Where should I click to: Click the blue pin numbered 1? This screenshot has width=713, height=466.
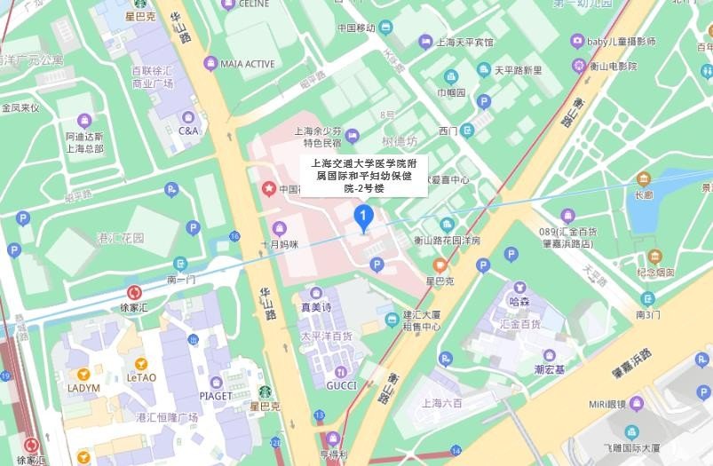click(362, 216)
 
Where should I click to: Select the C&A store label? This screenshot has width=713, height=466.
click(188, 130)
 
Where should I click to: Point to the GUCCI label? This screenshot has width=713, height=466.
click(341, 385)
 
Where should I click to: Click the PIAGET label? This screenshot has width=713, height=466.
click(216, 396)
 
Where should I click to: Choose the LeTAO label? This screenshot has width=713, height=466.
click(141, 376)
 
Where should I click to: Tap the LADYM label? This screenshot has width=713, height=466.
click(83, 388)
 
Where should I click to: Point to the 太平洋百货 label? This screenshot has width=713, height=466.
click(326, 336)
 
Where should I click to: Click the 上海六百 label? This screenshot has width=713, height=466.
click(442, 403)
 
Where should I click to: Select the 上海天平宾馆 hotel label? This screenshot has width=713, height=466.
click(468, 42)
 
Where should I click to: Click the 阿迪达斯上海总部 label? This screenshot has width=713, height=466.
click(84, 142)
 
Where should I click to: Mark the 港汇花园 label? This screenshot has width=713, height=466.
click(120, 238)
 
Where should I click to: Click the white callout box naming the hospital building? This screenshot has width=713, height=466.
click(363, 175)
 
